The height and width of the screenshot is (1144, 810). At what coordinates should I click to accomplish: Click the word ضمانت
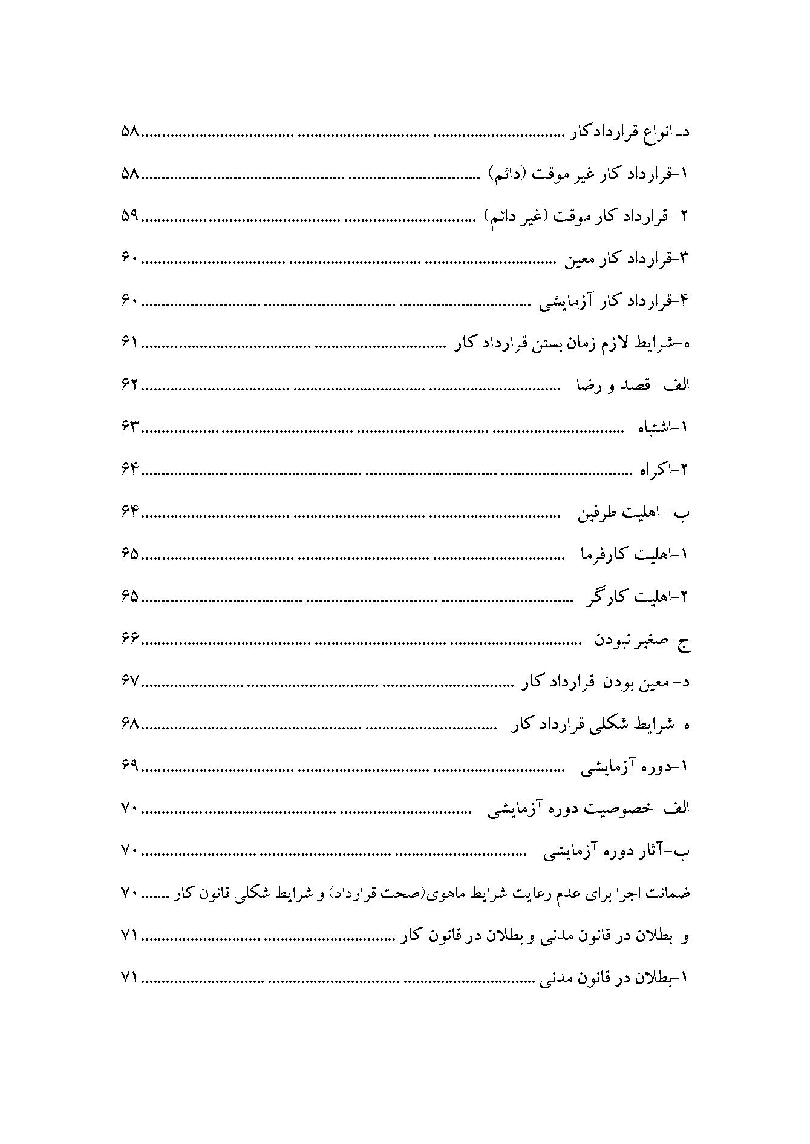click(670, 894)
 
